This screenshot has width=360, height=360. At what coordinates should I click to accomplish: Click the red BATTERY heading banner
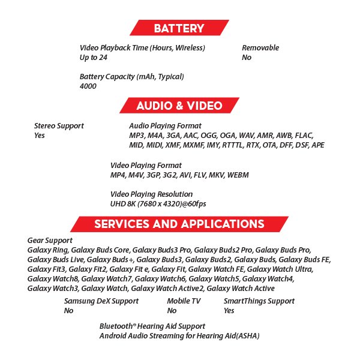179,28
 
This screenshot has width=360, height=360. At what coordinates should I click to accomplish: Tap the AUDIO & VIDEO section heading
179,106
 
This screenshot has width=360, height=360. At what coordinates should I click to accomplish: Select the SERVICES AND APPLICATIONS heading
179,224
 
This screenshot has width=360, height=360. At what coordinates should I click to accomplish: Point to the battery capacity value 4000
88,86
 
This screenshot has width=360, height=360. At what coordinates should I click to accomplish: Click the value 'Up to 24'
94,58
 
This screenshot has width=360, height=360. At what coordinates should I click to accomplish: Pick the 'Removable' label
260,48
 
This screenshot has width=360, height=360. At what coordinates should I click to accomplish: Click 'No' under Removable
247,58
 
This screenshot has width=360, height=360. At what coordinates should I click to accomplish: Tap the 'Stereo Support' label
59,126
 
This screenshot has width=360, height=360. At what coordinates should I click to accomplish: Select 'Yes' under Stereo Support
40,136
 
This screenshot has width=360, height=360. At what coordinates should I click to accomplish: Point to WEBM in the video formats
238,175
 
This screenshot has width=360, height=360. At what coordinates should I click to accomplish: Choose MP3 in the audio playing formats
138,136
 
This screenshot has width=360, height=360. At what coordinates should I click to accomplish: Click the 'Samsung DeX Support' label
101,301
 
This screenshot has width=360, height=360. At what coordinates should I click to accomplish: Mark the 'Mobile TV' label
184,301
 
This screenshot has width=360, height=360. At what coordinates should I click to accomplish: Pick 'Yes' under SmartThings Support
229,311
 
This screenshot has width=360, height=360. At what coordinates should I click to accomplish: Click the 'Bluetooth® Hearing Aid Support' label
152,326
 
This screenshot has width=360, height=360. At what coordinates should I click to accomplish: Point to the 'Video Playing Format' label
146,165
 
